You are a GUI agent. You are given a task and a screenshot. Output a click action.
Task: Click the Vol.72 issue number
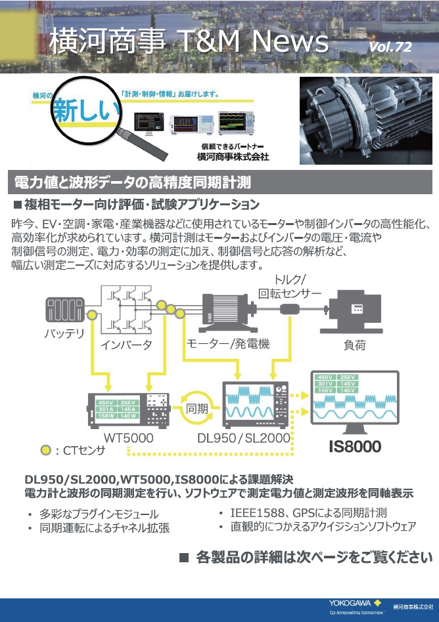pyautogui.click(x=390, y=47)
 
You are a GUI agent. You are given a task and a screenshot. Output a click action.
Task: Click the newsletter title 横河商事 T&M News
pyautogui.click(x=189, y=41)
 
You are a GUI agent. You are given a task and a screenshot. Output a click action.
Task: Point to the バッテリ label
pyautogui.click(x=64, y=333)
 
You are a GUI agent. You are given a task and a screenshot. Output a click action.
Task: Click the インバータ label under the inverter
pyautogui.click(x=126, y=344)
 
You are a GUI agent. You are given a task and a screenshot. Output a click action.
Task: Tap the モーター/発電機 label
pyautogui.click(x=228, y=343)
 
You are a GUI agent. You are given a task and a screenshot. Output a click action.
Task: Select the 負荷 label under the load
pyautogui.click(x=356, y=344)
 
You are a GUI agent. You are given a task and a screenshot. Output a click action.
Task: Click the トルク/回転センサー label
pyautogui.click(x=290, y=286)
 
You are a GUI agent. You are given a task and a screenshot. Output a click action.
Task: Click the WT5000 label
pyautogui.click(x=128, y=437)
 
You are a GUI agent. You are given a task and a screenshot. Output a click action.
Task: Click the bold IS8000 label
pyautogui.click(x=355, y=447)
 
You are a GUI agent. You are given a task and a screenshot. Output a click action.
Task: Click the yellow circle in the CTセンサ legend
pyautogui.click(x=45, y=450)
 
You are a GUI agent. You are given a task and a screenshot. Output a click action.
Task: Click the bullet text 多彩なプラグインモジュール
pyautogui.click(x=99, y=514)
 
